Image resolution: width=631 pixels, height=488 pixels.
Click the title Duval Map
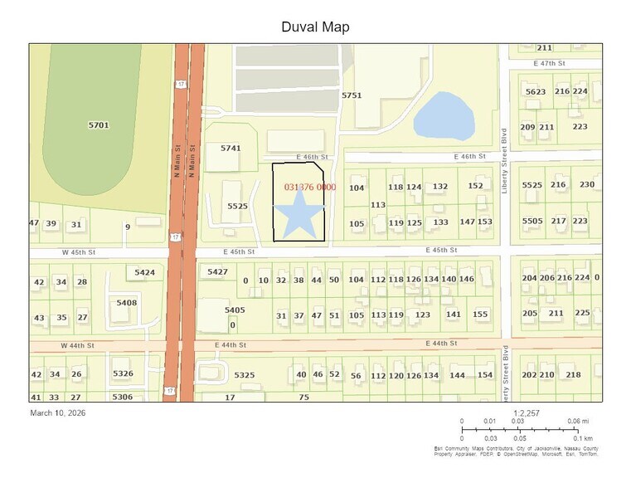[x=315, y=27]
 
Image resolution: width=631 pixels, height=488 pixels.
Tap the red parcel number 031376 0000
[x=309, y=188]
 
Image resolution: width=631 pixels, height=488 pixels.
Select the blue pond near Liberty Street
[x=444, y=116]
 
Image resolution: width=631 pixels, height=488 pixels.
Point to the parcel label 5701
[x=99, y=125]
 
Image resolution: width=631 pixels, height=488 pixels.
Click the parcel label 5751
[x=352, y=96]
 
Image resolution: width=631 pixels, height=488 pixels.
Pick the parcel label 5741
[x=230, y=148]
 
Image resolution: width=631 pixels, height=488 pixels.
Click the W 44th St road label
[x=77, y=344]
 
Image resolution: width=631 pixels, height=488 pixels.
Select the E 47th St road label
[x=547, y=63]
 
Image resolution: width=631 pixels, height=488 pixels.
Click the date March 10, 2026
[x=58, y=412]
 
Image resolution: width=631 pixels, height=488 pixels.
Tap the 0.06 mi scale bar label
[x=578, y=422]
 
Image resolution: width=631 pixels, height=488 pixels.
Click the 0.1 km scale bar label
[x=583, y=438]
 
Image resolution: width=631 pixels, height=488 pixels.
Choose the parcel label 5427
[x=217, y=272]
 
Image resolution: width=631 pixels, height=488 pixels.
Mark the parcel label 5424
[x=145, y=272]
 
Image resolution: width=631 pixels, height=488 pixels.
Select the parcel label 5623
[x=536, y=91]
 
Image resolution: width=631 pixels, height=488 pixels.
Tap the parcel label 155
[x=480, y=315]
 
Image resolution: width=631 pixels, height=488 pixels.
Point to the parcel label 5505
[x=531, y=221]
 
